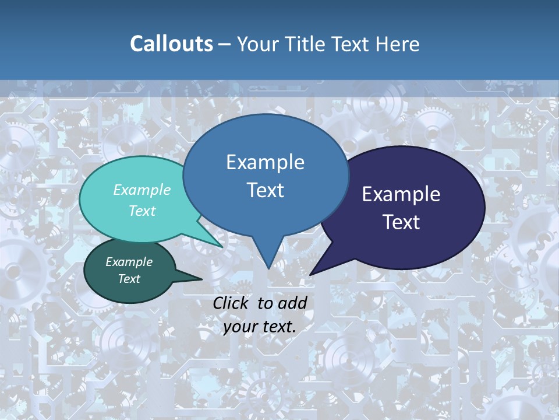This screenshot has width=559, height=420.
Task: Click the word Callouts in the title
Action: pos(171,44)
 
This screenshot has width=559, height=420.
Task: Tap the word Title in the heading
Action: pos(308,44)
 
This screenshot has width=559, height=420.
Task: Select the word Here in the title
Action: pos(398,44)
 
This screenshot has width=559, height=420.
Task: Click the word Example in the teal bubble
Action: pos(142,190)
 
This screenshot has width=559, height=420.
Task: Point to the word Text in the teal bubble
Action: pos(142,211)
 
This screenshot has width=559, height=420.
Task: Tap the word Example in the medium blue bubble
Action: pos(265,162)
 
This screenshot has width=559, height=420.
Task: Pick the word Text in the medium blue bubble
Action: pos(265,190)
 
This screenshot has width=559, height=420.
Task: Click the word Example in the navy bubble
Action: pos(401,194)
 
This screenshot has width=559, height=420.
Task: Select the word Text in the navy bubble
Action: pos(401,222)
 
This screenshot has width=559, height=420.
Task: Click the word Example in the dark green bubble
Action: pos(129,262)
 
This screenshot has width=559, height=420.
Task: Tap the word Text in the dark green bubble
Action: pos(129,279)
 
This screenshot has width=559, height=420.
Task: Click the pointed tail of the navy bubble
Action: pos(315,269)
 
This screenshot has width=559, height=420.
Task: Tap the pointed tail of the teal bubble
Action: pos(218,244)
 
